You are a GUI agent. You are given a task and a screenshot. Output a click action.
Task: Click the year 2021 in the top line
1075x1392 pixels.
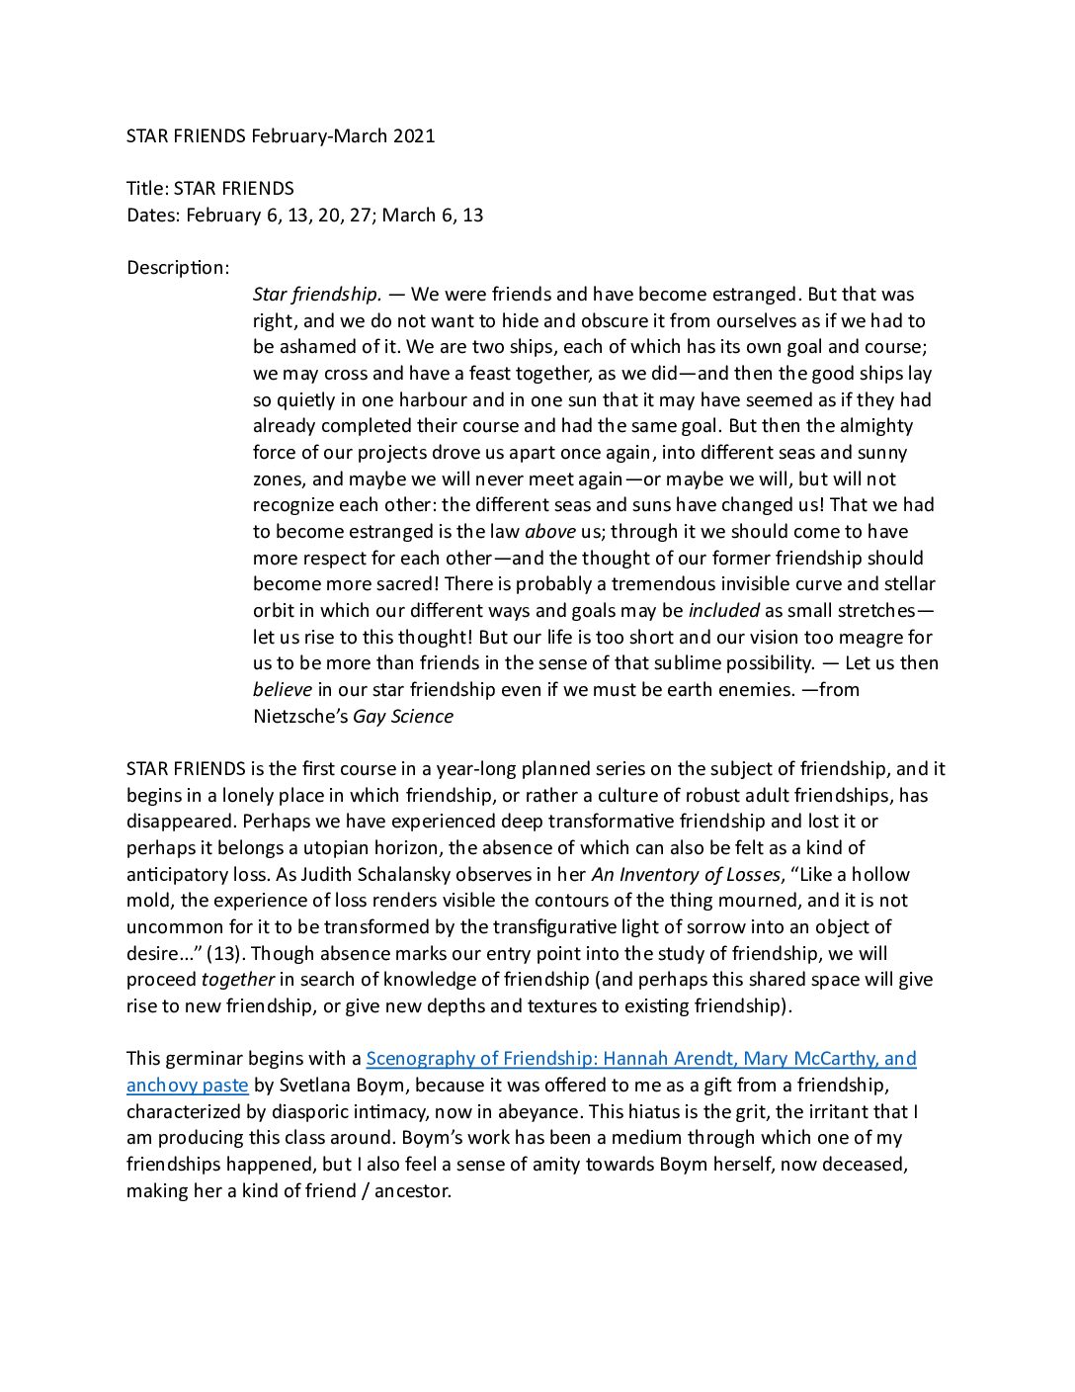tap(414, 136)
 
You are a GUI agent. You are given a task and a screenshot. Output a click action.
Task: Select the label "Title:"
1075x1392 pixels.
tap(147, 189)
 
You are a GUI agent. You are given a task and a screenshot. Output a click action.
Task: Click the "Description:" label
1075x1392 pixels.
tap(178, 268)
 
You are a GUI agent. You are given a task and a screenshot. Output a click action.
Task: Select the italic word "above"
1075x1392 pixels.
tap(550, 532)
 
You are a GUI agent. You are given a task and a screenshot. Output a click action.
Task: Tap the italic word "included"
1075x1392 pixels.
tap(724, 611)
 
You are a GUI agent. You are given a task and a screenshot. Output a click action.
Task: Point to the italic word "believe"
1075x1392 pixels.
tap(283, 690)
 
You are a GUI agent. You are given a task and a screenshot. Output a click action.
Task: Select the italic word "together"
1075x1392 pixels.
tap(238, 980)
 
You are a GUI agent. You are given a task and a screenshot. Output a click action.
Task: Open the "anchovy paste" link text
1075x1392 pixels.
tap(188, 1086)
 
